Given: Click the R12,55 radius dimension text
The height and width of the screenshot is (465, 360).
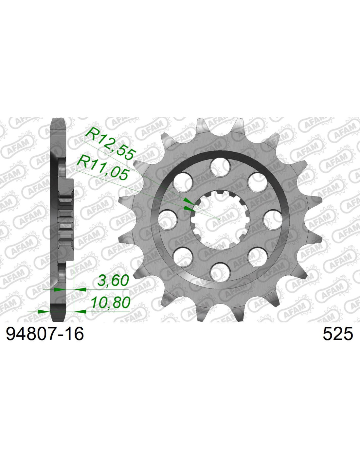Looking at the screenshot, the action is [111, 143].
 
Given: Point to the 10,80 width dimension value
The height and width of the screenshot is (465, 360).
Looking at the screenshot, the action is [111, 302].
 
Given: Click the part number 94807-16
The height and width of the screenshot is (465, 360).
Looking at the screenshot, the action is [45, 334].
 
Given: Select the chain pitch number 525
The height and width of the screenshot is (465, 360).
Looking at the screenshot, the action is [338, 334].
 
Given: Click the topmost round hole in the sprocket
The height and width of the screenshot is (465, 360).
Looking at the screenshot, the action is [220, 167].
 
